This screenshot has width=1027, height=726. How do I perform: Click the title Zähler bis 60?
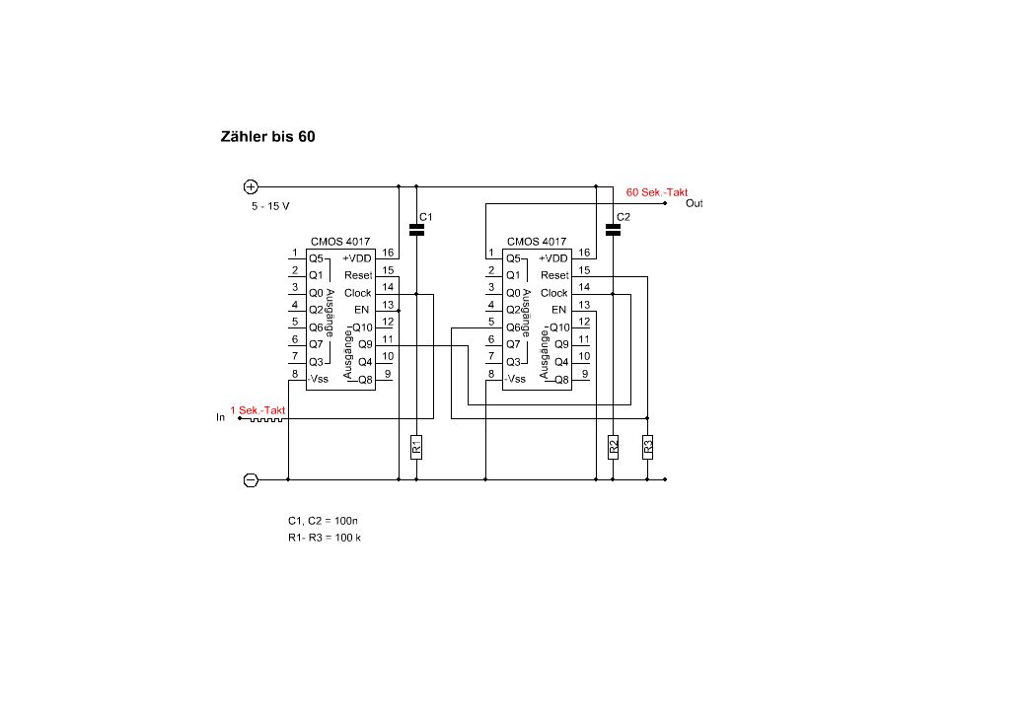[x=267, y=137]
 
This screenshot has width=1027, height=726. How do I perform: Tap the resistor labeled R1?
[x=416, y=447]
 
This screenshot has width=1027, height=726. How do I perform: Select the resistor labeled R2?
[x=613, y=447]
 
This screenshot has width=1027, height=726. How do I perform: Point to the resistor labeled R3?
[x=647, y=447]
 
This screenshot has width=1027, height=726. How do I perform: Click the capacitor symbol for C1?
[x=416, y=230]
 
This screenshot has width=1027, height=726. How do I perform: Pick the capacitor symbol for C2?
[x=613, y=230]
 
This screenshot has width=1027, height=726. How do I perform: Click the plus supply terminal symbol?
[x=251, y=185]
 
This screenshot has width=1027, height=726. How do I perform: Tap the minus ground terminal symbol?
[x=251, y=479]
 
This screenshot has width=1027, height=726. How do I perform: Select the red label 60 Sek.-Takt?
[x=657, y=192]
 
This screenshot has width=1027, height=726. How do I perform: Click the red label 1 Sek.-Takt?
[x=257, y=409]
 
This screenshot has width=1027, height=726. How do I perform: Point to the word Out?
[x=695, y=203]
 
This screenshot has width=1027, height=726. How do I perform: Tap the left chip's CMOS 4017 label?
[x=340, y=241]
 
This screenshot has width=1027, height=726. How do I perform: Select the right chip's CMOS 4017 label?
[x=537, y=241]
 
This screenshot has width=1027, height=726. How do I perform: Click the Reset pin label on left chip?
[x=358, y=275]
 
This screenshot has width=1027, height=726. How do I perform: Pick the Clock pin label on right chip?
[x=554, y=293]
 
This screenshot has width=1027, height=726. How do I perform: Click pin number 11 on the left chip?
[x=388, y=338]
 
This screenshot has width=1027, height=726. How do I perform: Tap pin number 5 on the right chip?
[x=490, y=322]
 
